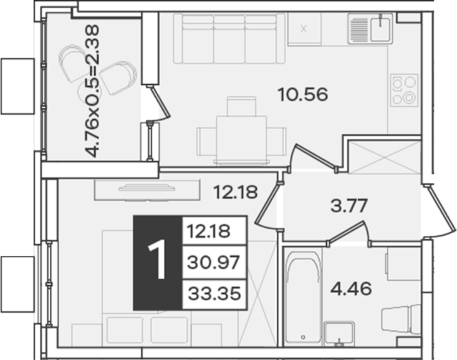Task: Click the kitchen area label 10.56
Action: (303, 94)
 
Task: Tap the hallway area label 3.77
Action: (349, 205)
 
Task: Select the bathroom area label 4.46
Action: (351, 288)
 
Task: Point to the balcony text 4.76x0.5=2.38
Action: (92, 91)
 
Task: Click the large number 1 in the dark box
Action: (158, 260)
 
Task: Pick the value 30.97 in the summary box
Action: (213, 262)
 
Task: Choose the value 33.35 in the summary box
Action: (214, 293)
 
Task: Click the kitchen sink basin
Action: (380, 29)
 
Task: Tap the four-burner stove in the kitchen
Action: (404, 90)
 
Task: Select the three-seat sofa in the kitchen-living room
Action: (229, 39)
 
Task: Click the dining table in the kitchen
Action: (241, 140)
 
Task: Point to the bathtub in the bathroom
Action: (303, 296)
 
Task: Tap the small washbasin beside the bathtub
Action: (339, 334)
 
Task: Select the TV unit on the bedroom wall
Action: (147, 190)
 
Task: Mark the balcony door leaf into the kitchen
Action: (160, 102)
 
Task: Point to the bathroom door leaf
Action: (347, 232)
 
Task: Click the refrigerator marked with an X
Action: (304, 29)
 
